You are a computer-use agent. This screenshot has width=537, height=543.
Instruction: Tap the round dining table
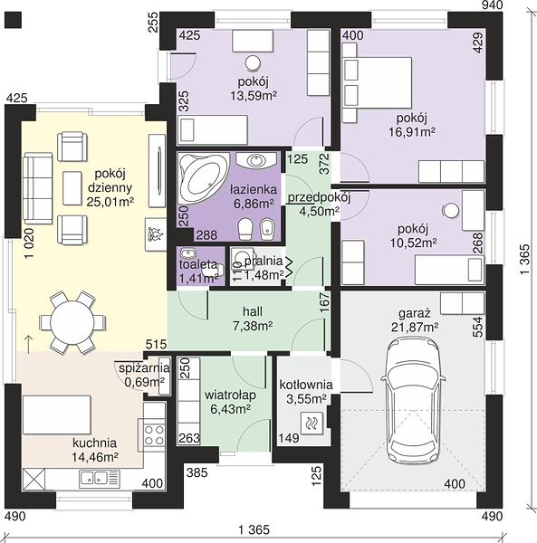(72, 322)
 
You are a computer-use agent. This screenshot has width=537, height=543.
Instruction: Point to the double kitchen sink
(100, 479)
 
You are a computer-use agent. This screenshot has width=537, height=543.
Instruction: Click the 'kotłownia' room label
(306, 385)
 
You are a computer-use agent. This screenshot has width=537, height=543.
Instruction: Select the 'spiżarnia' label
(144, 368)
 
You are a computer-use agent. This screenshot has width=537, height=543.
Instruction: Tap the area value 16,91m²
(412, 132)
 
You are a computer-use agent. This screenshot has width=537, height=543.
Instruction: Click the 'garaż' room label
(415, 313)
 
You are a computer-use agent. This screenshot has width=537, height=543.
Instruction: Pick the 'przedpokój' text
(319, 197)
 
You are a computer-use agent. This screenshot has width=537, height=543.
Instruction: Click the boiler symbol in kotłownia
(312, 423)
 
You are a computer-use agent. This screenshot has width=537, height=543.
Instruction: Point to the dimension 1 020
(30, 243)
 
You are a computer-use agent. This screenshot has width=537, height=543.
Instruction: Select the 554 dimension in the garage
(477, 327)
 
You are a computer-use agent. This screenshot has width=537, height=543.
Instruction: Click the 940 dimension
(492, 5)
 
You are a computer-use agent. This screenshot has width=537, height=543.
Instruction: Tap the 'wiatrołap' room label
(230, 395)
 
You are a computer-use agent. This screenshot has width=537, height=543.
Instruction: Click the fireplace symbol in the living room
(155, 234)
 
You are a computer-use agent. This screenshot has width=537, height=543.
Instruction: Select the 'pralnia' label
(264, 262)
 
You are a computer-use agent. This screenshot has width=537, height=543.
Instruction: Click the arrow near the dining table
(29, 344)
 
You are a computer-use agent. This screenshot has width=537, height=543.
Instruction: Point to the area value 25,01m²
(110, 202)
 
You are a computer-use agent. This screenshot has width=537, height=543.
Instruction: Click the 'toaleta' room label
(198, 264)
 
